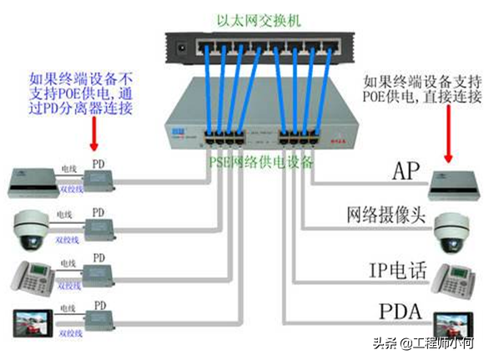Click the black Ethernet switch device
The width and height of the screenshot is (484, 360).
250,47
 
